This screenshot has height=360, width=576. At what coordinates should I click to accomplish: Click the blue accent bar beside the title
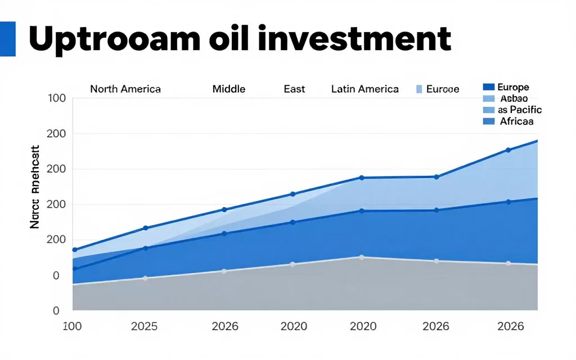click(8, 39)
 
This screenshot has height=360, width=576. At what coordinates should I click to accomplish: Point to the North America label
click(125, 89)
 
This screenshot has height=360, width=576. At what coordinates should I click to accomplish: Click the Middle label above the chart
click(229, 89)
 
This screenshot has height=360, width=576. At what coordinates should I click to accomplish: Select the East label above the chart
click(294, 89)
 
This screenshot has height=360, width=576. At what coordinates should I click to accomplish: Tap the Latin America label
click(365, 89)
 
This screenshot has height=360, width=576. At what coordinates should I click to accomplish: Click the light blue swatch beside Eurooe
click(418, 89)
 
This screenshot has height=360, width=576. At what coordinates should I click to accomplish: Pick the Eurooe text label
click(443, 89)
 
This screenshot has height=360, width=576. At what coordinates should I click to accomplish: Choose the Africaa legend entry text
click(516, 121)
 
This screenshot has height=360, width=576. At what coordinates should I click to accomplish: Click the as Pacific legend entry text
click(520, 110)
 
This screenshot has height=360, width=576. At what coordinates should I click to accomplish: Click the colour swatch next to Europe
click(488, 87)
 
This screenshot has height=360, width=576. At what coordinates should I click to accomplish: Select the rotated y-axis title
click(34, 187)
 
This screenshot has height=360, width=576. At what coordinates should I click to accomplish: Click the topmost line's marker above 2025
click(145, 228)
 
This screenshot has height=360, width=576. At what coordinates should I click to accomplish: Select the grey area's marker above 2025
click(145, 278)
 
